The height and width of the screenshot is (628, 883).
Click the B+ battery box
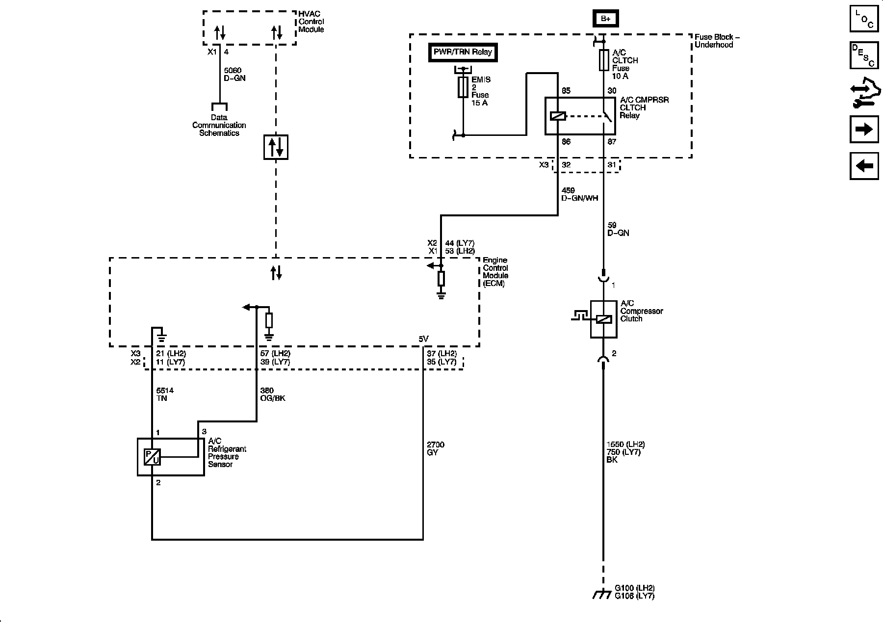coord(606,19)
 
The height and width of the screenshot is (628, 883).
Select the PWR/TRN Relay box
coord(463,52)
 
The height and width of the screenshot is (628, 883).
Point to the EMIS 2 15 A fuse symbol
coord(463,87)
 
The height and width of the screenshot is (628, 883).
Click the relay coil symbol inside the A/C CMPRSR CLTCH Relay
coord(558,116)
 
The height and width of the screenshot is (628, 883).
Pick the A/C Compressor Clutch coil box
coord(603,319)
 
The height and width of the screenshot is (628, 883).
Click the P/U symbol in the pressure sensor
coord(152,457)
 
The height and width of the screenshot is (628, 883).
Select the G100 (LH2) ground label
coord(634,588)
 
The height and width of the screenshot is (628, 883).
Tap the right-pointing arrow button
coord(864,130)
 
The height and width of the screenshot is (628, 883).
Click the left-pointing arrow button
coord(864,166)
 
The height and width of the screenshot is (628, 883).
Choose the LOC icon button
coord(864,19)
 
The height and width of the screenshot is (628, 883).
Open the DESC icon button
coord(864,55)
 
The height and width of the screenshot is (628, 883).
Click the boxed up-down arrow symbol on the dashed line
coord(276,147)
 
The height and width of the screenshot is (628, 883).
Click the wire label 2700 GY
coord(436,448)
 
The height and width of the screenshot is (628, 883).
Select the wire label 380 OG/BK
coord(272,394)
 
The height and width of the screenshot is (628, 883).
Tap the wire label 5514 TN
coord(164,394)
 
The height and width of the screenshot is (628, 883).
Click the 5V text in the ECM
coord(423,339)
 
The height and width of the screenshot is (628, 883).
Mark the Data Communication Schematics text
coord(219,125)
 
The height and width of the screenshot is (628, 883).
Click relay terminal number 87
coord(612,142)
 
